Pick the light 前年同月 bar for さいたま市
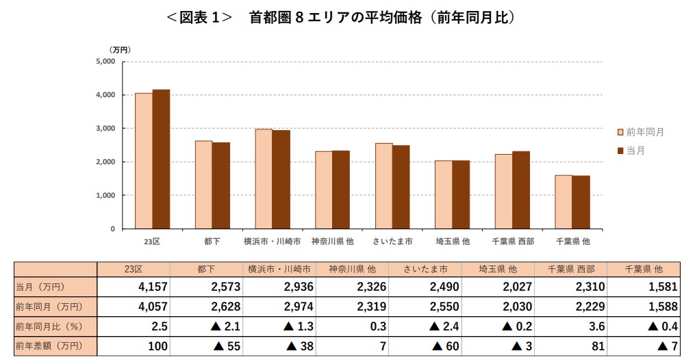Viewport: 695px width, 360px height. tap(383, 185)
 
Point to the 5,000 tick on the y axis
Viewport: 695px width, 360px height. tap(105, 62)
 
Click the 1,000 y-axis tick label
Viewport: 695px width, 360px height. tap(105, 196)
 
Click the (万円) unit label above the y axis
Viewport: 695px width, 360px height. tap(121, 50)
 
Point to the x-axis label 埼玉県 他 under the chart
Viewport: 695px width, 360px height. tap(452, 242)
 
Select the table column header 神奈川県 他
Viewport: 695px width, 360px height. tap(350, 268)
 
